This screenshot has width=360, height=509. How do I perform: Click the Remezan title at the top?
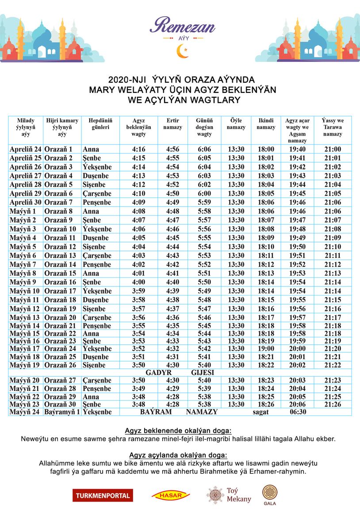pyautogui.click(x=182, y=26)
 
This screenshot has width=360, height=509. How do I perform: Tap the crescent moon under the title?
pyautogui.click(x=182, y=52)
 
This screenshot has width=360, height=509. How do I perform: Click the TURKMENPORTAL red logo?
pyautogui.click(x=103, y=495)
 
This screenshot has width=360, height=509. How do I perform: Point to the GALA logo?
pyautogui.click(x=269, y=495)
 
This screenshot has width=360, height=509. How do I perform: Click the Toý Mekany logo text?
pyautogui.click(x=238, y=495)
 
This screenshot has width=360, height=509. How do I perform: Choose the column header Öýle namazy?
pyautogui.click(x=236, y=124)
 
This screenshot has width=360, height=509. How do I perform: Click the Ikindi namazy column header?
pyautogui.click(x=266, y=124)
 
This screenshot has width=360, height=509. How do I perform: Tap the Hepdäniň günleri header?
pyautogui.click(x=100, y=124)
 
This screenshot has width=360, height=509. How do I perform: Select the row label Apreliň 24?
pyautogui.click(x=25, y=149)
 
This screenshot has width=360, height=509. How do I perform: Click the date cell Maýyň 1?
pyautogui.click(x=23, y=211)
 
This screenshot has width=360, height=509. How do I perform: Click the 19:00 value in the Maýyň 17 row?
pyautogui.click(x=266, y=348)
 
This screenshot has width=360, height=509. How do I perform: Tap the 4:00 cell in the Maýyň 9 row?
pyautogui.click(x=138, y=282)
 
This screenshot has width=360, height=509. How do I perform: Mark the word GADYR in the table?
pyautogui.click(x=158, y=372)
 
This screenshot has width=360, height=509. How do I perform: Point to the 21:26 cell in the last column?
pyautogui.click(x=333, y=404)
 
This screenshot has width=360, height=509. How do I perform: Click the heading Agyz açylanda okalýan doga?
pyautogui.click(x=178, y=455)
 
